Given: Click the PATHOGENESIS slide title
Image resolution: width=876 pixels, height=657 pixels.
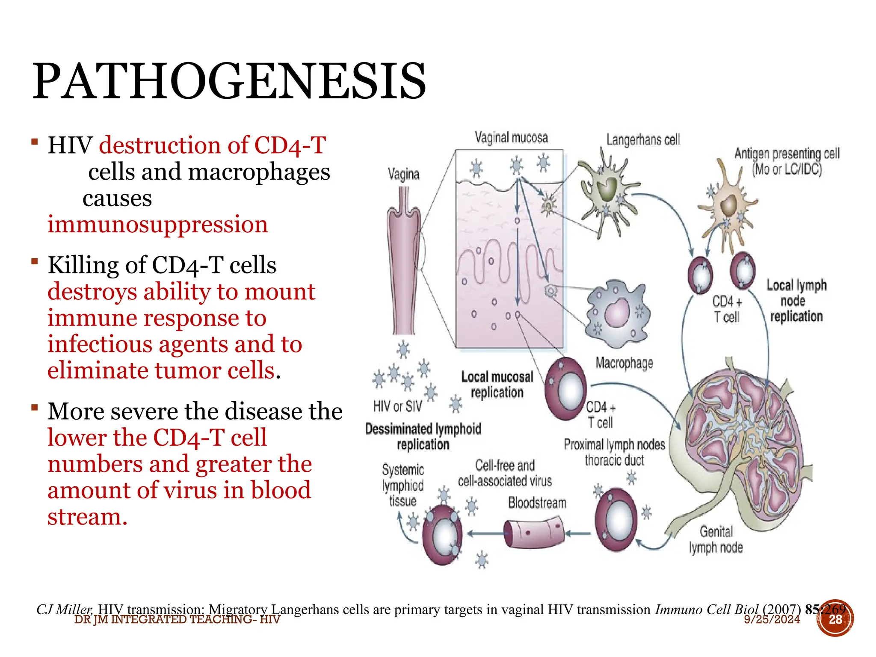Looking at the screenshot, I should click(x=229, y=81).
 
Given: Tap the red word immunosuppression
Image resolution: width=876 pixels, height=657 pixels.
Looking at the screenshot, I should click(x=157, y=225).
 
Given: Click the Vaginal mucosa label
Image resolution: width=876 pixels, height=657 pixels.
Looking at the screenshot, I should click(x=511, y=138).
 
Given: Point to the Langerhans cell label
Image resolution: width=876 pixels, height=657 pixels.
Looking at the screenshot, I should click(x=643, y=139).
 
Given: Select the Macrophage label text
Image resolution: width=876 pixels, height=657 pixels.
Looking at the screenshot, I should click(x=624, y=363).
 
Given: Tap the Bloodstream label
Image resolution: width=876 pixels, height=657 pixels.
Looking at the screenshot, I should click(x=537, y=503).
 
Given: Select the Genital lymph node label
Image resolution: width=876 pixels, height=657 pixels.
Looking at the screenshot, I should click(x=716, y=539).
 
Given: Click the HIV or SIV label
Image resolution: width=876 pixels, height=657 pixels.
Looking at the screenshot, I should click(x=397, y=406).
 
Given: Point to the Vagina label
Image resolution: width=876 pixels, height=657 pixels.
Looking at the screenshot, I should click(x=403, y=174).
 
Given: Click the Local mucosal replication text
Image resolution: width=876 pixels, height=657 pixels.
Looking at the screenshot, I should click(x=497, y=385).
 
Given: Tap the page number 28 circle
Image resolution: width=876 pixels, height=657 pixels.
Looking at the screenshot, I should click(x=835, y=619).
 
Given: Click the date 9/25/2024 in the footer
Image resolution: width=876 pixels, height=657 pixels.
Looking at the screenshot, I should click(x=772, y=620).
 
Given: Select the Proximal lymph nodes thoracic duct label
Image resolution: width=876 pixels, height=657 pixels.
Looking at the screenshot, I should click(x=614, y=452).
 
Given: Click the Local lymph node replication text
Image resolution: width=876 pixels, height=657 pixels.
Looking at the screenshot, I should click(x=796, y=301).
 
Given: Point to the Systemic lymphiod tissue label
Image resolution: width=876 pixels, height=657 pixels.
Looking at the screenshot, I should click(x=402, y=485).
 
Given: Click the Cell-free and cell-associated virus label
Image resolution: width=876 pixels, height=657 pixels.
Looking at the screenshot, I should click(x=505, y=473).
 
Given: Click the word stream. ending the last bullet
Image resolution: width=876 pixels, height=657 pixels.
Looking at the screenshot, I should click(x=87, y=517).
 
